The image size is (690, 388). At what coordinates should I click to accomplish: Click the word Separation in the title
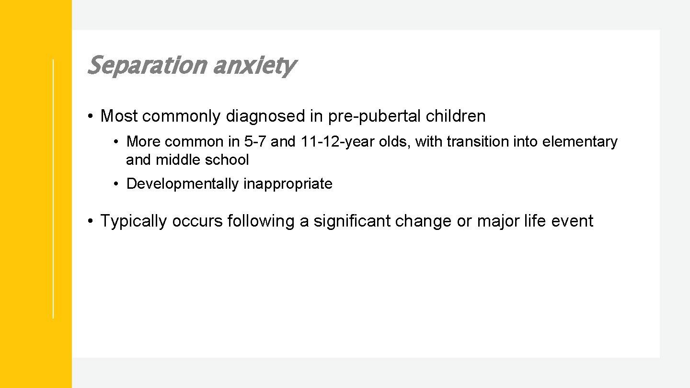click(x=146, y=66)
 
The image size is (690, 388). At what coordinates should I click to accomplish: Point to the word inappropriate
click(x=288, y=184)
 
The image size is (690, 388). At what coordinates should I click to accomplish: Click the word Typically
click(x=134, y=221)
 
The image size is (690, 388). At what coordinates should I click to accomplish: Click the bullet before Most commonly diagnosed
click(x=90, y=116)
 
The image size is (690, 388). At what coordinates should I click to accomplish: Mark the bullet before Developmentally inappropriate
click(x=116, y=184)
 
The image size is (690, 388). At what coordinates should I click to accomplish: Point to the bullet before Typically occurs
click(x=90, y=221)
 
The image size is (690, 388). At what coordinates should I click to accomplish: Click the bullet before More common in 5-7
click(x=116, y=142)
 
